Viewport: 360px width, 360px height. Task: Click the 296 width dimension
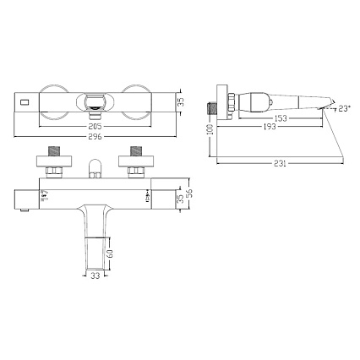point(95,137)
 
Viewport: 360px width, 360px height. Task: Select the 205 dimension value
point(95,126)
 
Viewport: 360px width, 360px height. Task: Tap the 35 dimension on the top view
point(182,101)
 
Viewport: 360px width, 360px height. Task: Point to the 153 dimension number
point(281,118)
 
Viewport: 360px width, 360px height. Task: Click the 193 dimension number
point(270,127)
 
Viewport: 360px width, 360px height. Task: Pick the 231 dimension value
point(280,163)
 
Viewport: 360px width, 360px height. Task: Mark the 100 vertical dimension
point(210,129)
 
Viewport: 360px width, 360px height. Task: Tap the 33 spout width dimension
point(95,275)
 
